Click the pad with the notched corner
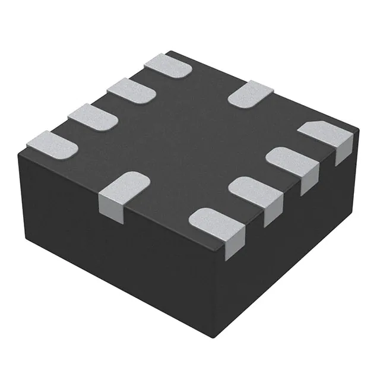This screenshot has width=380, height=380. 324,134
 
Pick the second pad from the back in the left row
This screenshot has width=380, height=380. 131,90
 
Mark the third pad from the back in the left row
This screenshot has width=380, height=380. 92,116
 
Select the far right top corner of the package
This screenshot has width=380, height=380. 359,126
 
